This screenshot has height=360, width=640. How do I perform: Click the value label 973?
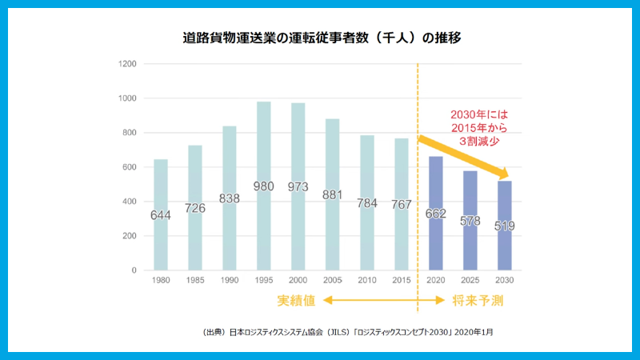tap(298, 187)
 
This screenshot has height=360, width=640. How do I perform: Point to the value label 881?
tap(332, 194)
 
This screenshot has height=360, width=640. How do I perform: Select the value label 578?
tap(470, 220)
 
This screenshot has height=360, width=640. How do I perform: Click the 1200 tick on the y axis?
tap(127, 64)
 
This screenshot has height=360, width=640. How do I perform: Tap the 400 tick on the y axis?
tap(130, 202)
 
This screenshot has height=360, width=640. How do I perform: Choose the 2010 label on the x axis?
tap(366, 280)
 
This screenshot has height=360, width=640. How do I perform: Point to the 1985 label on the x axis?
tap(195, 280)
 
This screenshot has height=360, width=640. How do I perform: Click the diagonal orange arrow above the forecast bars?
tap(464, 157)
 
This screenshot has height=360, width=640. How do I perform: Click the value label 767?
tap(401, 204)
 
